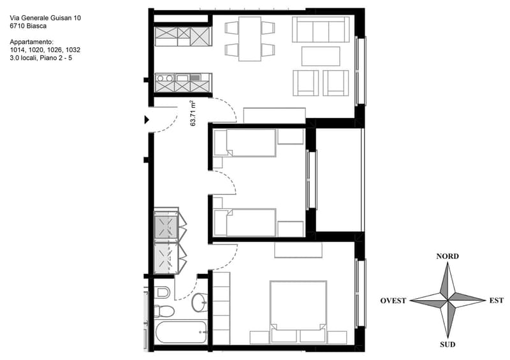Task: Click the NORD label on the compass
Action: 448,256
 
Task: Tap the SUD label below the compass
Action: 448,345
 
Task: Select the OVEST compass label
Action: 393,301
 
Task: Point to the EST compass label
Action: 497,301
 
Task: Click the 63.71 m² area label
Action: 193,113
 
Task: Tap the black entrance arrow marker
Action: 147,120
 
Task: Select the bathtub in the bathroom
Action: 181,332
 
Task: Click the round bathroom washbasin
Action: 199,302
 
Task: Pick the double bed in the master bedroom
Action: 298,311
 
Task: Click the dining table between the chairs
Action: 250,39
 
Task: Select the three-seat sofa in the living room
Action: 321,29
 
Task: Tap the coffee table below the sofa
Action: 321,56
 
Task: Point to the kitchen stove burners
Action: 165,78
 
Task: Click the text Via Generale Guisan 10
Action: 45,18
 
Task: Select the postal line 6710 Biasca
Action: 28,26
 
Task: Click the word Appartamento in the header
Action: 31,42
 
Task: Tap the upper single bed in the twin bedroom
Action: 245,143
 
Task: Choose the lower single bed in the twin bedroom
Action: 245,222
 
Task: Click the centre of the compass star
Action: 448,300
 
